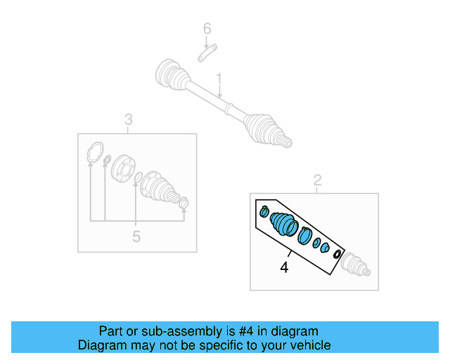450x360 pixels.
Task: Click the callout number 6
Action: [207, 29]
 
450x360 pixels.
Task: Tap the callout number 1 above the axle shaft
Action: [219, 77]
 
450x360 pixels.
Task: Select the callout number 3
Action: [129, 119]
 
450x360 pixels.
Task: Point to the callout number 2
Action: [317, 181]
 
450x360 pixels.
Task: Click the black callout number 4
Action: [284, 267]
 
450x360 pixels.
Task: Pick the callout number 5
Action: [136, 237]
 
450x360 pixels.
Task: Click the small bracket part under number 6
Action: [207, 53]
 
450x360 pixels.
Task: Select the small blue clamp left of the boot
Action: [264, 211]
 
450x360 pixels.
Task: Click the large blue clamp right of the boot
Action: [304, 235]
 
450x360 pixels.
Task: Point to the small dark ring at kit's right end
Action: [337, 254]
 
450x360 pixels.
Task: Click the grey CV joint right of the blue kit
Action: [355, 265]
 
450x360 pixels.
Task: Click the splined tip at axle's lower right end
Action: [285, 143]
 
